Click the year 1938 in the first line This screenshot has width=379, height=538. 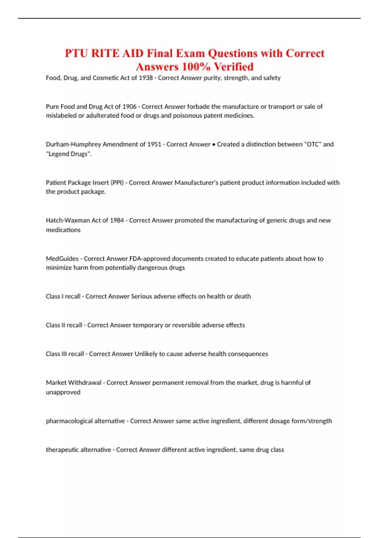[x=146, y=78]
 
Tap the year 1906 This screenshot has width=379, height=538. [x=129, y=107]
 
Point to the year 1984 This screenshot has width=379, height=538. [x=117, y=220]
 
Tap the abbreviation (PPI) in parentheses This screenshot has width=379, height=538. [x=117, y=183]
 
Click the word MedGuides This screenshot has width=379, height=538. [x=62, y=259]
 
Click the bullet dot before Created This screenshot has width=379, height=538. [x=214, y=145]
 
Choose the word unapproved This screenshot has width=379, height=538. [x=63, y=392]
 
